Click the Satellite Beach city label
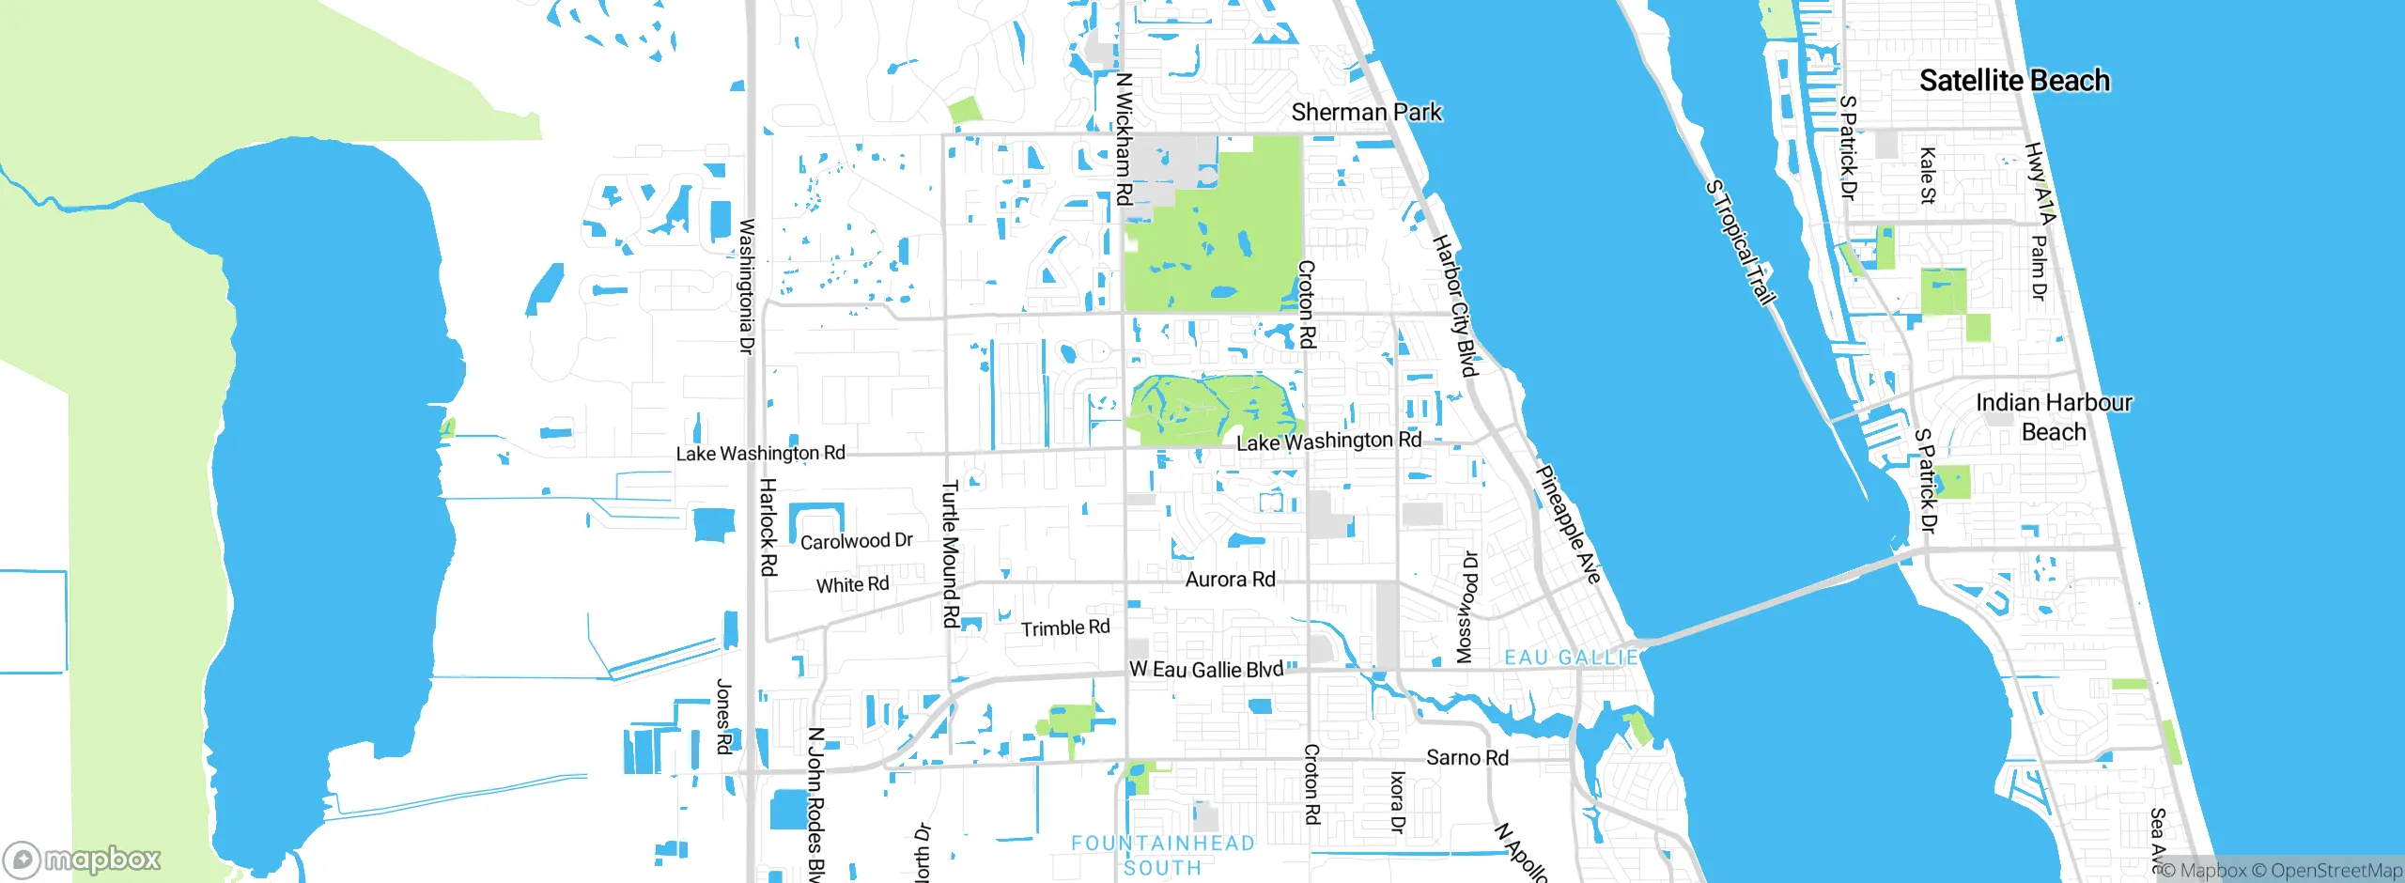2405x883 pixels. [x=2014, y=81]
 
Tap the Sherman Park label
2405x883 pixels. [x=1366, y=113]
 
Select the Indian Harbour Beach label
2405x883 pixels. [x=2054, y=417]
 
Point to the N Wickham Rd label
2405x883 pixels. [x=1124, y=139]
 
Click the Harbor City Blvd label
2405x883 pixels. [x=1454, y=305]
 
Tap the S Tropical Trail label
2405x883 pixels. [x=1741, y=242]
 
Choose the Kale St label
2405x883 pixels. [x=1927, y=175]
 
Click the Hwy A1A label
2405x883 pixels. [x=2040, y=183]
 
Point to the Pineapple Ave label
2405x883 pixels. [x=1568, y=523]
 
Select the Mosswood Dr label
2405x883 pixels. [x=1466, y=608]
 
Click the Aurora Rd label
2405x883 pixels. [x=1230, y=580]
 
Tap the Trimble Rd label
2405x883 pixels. [x=1065, y=627]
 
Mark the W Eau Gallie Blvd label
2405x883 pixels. [x=1206, y=670]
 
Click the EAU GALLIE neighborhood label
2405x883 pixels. [x=1571, y=658]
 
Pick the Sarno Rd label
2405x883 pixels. [x=1466, y=758]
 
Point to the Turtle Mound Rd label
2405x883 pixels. [x=951, y=553]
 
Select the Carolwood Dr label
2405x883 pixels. [x=856, y=541]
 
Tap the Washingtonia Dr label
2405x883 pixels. [x=747, y=287]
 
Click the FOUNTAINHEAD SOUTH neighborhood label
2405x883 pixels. [x=1163, y=856]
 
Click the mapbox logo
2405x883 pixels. [x=83, y=859]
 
